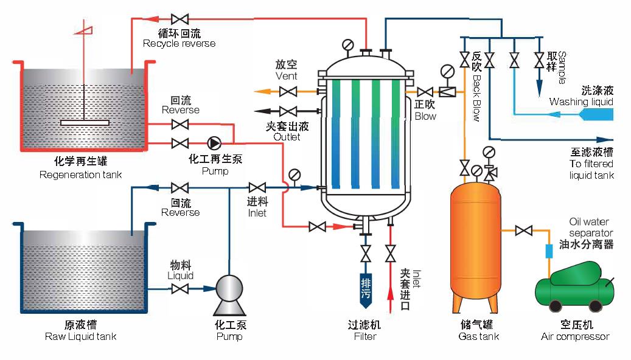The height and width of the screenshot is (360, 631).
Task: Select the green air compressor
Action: tap(575, 286)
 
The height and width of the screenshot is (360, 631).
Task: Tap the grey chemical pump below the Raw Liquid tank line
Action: tap(229, 289)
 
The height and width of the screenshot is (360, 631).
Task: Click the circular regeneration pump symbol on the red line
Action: tap(214, 143)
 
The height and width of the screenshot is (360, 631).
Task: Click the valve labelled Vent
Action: tap(288, 92)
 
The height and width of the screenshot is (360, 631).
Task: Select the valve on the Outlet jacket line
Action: tap(288, 111)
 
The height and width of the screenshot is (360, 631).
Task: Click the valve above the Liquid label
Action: tap(180, 289)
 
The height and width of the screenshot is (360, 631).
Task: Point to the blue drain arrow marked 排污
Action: tap(366, 288)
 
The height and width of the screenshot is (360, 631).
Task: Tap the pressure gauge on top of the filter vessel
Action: tap(348, 44)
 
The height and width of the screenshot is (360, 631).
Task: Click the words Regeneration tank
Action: tap(80, 175)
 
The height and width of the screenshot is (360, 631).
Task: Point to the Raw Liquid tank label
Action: tap(80, 336)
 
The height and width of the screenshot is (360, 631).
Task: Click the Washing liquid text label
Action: tap(581, 102)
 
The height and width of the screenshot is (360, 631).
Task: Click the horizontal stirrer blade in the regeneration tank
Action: tap(85, 123)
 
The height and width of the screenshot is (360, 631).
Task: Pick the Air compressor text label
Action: tap(575, 336)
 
